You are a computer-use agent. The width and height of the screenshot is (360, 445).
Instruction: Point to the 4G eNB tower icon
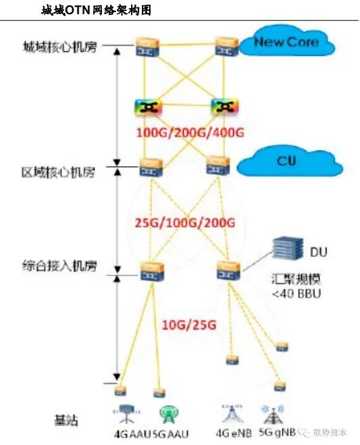pos(228,411)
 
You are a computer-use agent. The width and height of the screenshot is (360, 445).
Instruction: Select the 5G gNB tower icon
pos(266,412)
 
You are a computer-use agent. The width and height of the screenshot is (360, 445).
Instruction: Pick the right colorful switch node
pos(222,107)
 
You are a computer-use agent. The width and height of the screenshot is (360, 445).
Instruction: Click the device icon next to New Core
pos(224,47)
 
